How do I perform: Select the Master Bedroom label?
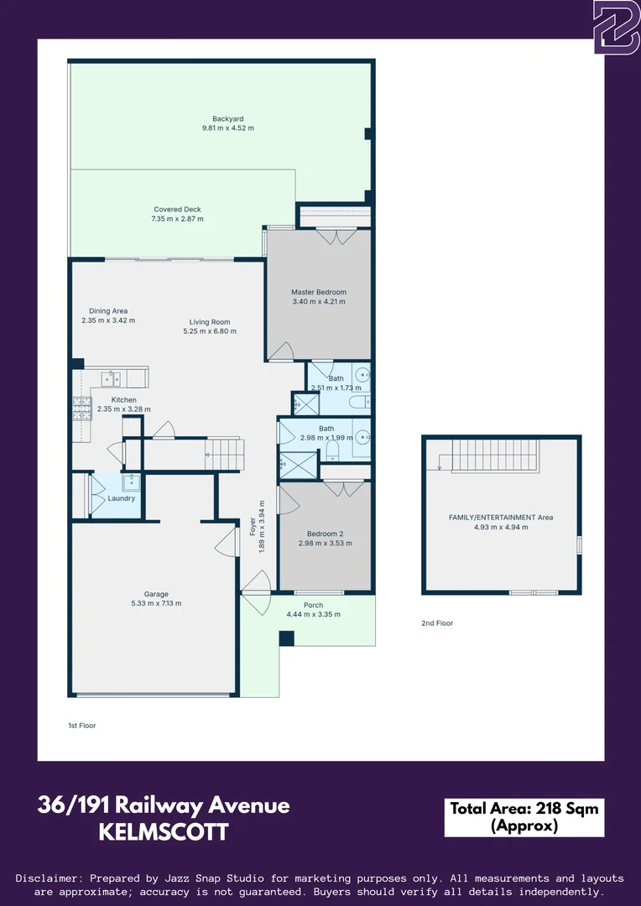point(318,292)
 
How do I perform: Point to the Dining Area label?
point(108,311)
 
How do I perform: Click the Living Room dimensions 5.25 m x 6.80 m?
point(209,331)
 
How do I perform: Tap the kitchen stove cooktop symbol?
point(82,409)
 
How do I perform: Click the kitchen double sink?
point(111,378)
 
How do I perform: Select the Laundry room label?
point(122,498)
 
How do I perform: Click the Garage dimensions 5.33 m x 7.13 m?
point(156,603)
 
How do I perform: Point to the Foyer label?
point(253,527)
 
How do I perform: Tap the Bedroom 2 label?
point(325,534)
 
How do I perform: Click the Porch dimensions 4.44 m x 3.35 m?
point(312,615)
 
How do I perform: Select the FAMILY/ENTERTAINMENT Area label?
point(501,518)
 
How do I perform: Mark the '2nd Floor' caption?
point(437,623)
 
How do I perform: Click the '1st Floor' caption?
point(82,725)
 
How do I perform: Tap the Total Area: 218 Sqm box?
point(524,817)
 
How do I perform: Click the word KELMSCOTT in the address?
point(164,833)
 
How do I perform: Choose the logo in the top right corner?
point(617,27)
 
